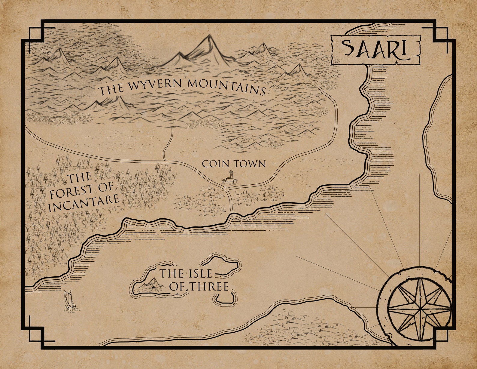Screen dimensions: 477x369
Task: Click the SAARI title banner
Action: pos(375,50)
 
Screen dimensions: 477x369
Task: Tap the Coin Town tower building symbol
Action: pos(230,177)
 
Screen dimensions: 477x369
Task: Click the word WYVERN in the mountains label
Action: pos(154,86)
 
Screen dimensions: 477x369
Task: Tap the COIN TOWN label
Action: pos(234,164)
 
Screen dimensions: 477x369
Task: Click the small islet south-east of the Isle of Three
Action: pos(225,297)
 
